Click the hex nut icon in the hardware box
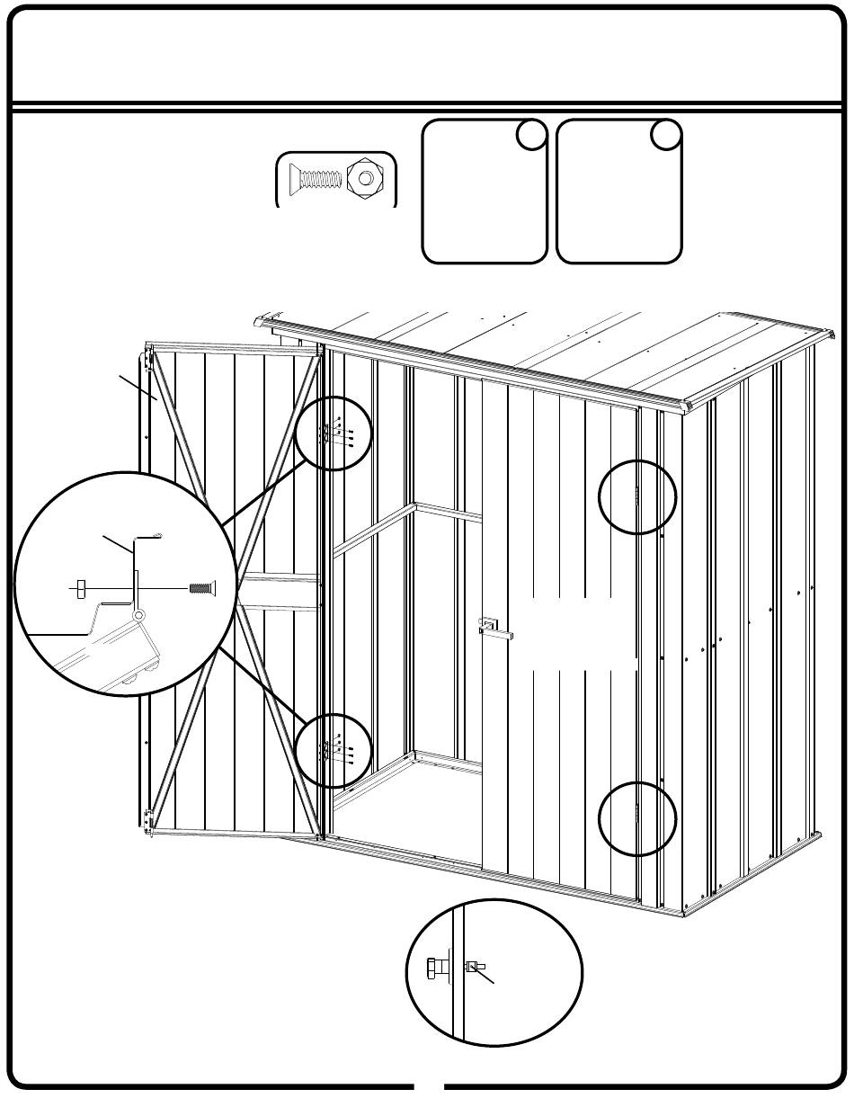point(366,178)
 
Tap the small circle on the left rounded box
point(531,135)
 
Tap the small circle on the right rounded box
point(665,135)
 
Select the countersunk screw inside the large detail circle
point(200,588)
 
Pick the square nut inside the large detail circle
point(79,589)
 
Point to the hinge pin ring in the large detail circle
point(138,615)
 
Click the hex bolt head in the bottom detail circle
point(435,969)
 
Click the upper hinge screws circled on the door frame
point(334,433)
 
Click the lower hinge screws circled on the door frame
point(334,748)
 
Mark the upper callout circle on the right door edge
point(638,497)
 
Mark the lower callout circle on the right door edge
point(638,818)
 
